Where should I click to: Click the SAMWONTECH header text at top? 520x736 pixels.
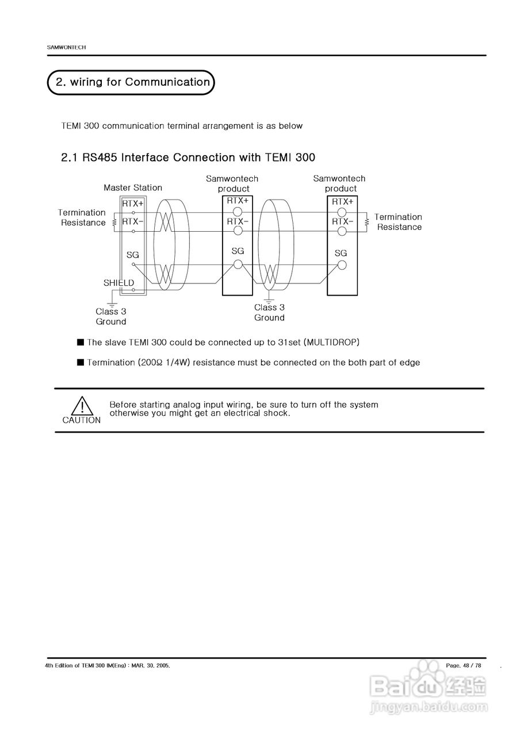pos(66,47)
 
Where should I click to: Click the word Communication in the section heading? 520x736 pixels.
pos(167,82)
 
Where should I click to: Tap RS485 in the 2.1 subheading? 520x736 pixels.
pos(101,157)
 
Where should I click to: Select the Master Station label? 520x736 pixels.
pos(133,187)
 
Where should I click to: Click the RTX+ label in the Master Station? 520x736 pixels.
pos(133,203)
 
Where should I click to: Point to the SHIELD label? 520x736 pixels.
pos(118,283)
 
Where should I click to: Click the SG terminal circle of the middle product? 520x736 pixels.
pos(238,265)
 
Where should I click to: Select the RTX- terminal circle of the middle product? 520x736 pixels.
pos(238,231)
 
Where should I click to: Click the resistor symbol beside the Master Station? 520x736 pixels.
pos(114,222)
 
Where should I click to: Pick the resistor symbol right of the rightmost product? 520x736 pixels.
pos(367,222)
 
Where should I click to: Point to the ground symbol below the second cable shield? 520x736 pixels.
pos(269,299)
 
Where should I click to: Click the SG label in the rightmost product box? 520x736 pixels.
pos(341,253)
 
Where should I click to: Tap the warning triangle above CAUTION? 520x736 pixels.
pos(82,405)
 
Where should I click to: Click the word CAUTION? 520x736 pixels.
pos(82,420)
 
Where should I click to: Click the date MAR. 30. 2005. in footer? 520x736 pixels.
pos(151,665)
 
